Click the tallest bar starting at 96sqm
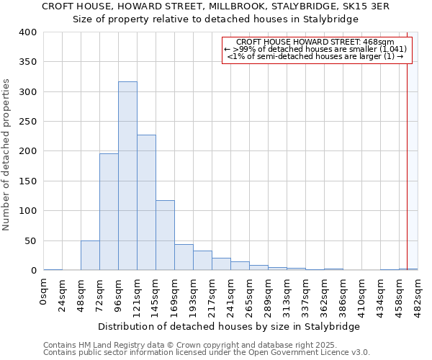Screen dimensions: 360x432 point(127,176)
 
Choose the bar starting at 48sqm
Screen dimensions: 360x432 point(90,256)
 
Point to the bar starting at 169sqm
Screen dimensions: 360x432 point(184,258)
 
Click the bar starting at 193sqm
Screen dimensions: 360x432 point(202,261)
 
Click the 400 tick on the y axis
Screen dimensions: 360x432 point(27,32)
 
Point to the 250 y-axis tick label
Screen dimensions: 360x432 point(27,122)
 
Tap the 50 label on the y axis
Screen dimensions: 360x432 point(30,240)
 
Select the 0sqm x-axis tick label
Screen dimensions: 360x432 point(44,292)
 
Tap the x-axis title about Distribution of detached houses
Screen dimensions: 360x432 point(228,326)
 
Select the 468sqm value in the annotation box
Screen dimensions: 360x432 point(379,42)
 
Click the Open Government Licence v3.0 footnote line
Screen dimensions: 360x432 point(207,352)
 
